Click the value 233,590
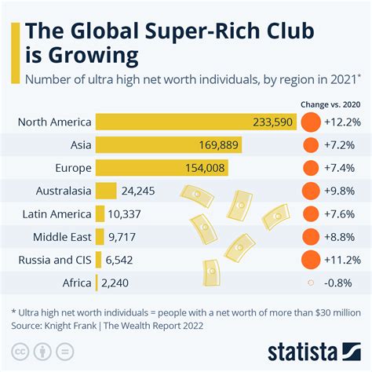coord(273,122)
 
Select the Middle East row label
coord(62,236)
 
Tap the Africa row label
coord(75,282)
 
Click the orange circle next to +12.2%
coord(312,122)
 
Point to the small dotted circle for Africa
coord(312,282)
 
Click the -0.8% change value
coord(345,282)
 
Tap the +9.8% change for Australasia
coord(345,191)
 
